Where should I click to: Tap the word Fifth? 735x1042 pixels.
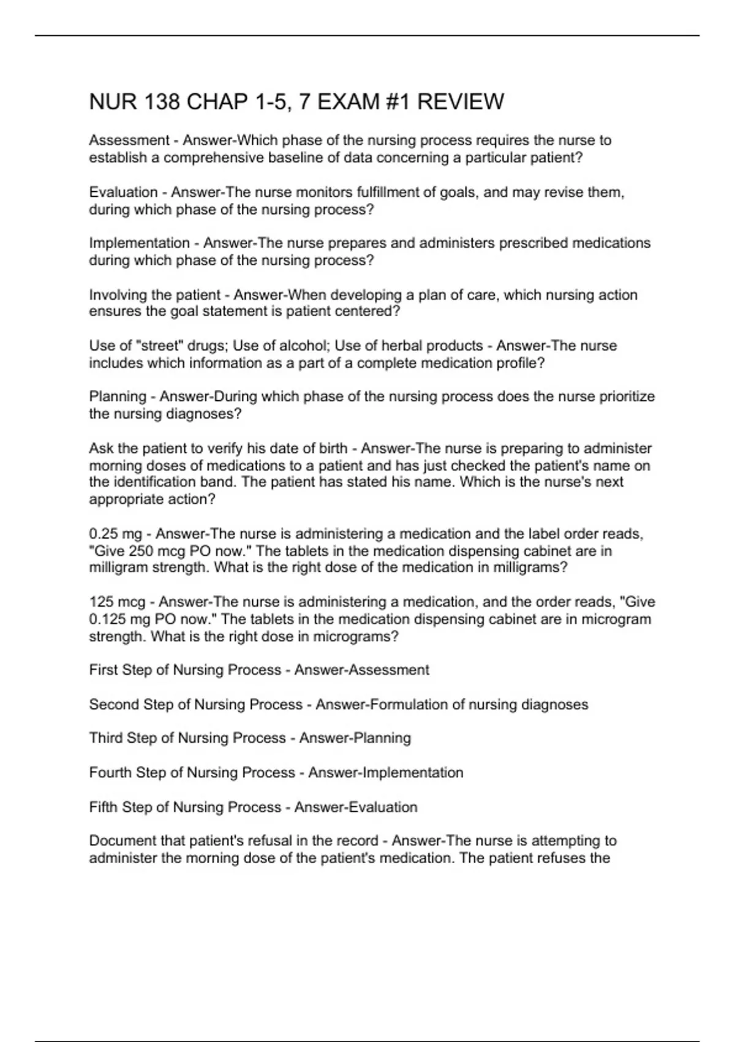[x=104, y=807]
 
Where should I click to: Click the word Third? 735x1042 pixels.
[x=106, y=738]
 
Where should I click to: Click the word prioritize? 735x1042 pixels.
[x=625, y=397]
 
